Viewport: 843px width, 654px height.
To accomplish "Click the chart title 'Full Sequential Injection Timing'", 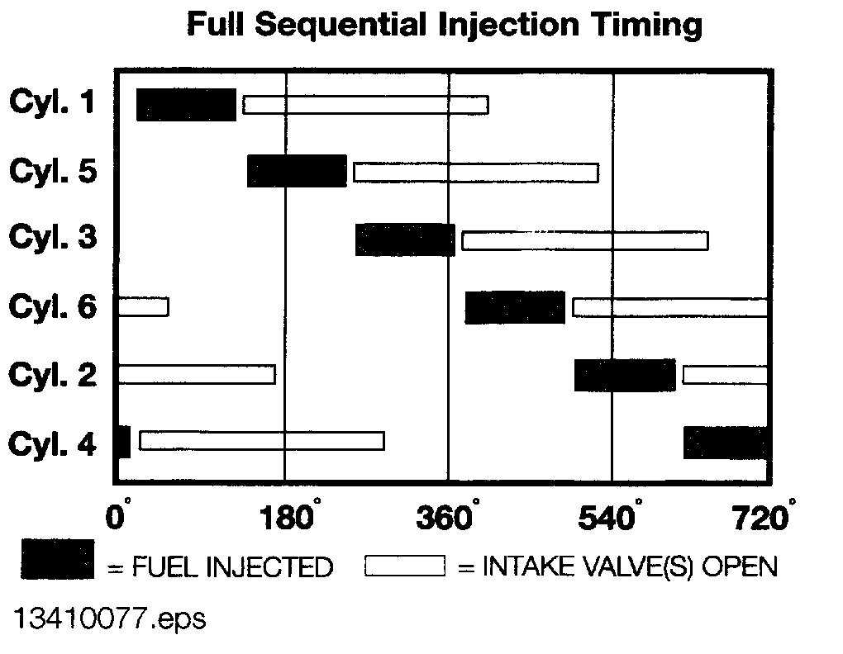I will (445, 24).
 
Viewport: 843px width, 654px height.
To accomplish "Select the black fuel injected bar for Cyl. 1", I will (186, 104).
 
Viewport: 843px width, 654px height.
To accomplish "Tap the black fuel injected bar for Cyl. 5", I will (297, 171).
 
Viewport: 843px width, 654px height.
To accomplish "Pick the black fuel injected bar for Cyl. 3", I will (405, 239).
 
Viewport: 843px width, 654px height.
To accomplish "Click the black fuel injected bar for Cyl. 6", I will (515, 307).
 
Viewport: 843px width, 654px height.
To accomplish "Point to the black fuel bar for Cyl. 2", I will (625, 375).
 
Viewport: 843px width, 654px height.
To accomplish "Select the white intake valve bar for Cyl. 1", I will (365, 105).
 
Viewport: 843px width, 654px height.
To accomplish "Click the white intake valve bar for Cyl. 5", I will (476, 173).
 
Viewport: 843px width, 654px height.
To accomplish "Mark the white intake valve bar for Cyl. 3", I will (585, 240).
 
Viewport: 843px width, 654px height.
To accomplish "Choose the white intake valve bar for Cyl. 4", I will (262, 441).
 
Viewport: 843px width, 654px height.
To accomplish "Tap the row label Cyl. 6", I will (53, 307).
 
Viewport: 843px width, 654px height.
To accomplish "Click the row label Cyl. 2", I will (53, 375).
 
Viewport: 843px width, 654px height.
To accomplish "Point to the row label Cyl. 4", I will (53, 444).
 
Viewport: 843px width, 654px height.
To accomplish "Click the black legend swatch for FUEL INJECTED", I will (57, 559).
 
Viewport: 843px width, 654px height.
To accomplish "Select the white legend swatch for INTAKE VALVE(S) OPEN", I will (405, 566).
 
